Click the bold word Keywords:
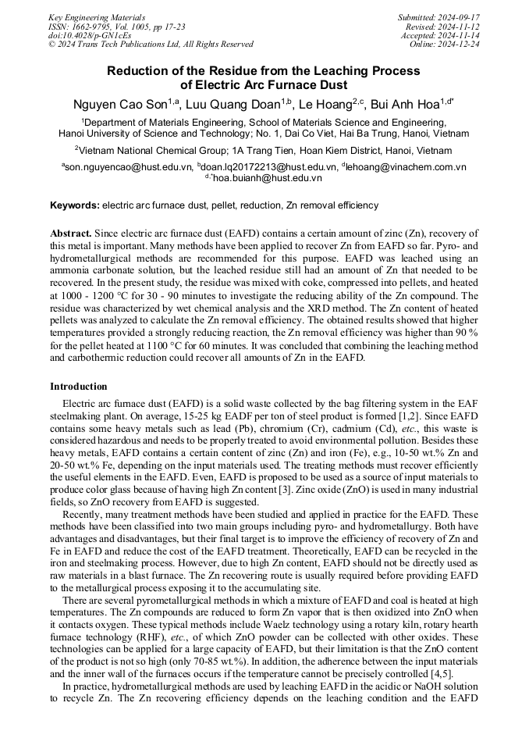75,206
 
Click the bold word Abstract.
72,234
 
